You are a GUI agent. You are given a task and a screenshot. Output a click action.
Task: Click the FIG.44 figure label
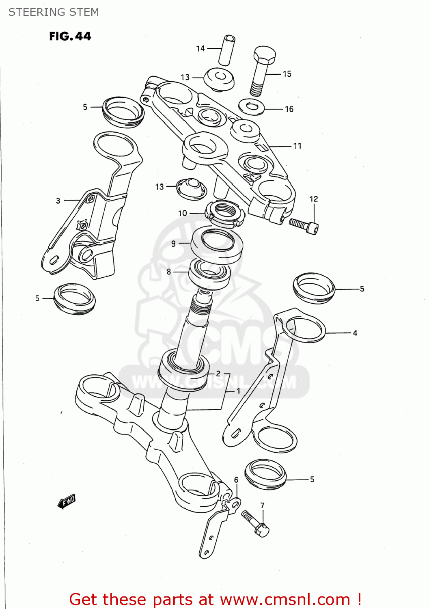[x=70, y=37]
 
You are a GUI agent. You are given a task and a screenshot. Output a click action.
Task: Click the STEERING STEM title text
[x=54, y=12]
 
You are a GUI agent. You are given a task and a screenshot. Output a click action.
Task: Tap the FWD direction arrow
[x=67, y=501]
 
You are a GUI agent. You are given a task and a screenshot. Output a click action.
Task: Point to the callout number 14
[x=200, y=49]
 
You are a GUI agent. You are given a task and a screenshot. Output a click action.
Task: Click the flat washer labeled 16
[x=252, y=107]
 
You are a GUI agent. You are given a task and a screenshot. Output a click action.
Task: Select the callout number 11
[x=297, y=146]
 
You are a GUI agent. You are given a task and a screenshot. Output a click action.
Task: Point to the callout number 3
[x=58, y=201]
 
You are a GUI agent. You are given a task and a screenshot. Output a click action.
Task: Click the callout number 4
[x=355, y=333]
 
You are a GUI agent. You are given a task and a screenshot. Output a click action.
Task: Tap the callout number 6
[x=236, y=480]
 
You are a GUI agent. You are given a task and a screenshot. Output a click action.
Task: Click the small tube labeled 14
[x=227, y=50]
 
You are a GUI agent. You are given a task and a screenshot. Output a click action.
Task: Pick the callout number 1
[x=238, y=391]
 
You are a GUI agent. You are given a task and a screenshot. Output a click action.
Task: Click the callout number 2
[x=218, y=374]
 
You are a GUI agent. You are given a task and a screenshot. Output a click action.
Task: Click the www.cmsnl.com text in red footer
[x=285, y=599]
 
